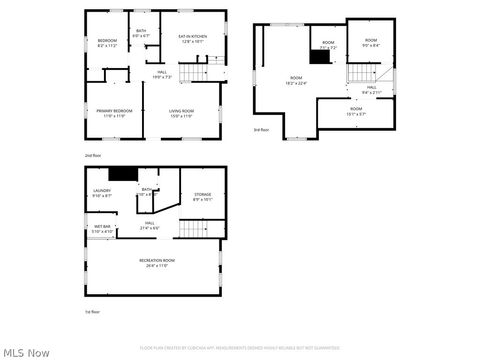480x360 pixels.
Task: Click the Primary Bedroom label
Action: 113,113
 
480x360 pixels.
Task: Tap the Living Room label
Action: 181,113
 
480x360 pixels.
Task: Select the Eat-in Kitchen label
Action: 192,39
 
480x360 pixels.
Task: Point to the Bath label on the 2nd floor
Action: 141,34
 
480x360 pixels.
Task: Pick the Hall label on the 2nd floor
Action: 162,74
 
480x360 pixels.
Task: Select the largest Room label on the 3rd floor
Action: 296,80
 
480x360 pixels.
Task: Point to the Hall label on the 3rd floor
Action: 370,90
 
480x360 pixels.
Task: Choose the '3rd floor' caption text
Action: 260,130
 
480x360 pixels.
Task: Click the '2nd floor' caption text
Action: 91,156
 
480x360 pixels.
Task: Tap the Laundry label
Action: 102,193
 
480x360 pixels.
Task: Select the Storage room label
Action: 203,197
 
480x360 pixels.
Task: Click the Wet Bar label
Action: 103,229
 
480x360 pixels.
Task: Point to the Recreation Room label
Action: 152,263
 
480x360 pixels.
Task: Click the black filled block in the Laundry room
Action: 122,174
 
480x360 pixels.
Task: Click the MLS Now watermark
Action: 26,352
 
